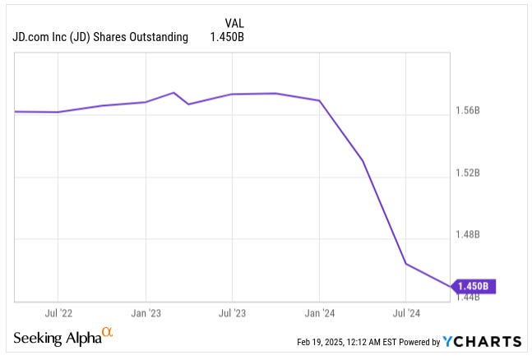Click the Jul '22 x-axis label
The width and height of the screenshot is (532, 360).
[58, 313]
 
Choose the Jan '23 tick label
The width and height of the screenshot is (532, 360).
[146, 313]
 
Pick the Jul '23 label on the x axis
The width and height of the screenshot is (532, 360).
[232, 313]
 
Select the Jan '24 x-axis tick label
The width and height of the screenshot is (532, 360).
[319, 313]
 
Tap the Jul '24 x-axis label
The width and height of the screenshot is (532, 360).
[406, 313]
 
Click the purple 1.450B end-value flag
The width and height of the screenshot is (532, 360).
[473, 286]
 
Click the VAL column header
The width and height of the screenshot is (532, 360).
[234, 23]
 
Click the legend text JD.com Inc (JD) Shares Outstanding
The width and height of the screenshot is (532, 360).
[100, 37]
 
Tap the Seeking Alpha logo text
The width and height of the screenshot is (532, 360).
[56, 339]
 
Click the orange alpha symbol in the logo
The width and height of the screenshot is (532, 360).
[106, 333]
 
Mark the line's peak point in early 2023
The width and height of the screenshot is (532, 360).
[174, 93]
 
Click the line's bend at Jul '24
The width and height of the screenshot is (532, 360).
[406, 264]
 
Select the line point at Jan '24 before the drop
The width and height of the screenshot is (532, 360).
[319, 100]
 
